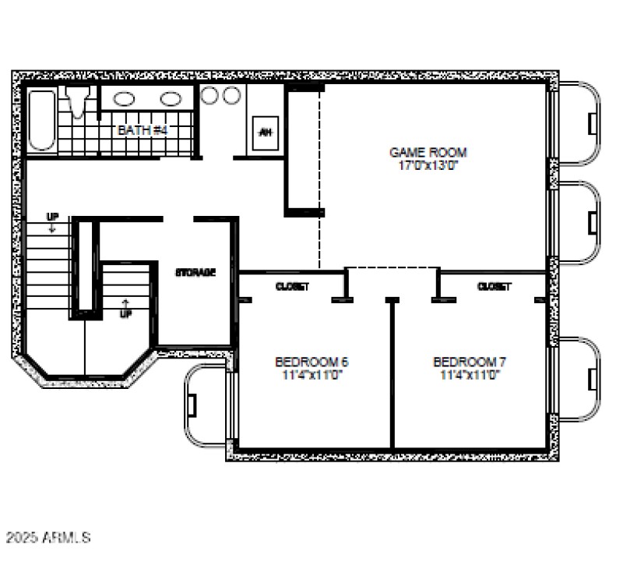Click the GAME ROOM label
428,153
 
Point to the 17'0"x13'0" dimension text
428,165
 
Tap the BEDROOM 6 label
311,362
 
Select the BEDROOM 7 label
470,362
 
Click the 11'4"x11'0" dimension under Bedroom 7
470,374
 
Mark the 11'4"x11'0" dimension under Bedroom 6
311,374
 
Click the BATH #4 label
143,129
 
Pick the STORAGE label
195,273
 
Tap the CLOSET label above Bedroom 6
292,287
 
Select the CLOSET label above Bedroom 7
494,287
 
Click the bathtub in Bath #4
42,121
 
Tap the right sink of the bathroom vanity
171,99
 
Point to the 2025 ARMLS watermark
48,538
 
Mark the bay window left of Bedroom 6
205,406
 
